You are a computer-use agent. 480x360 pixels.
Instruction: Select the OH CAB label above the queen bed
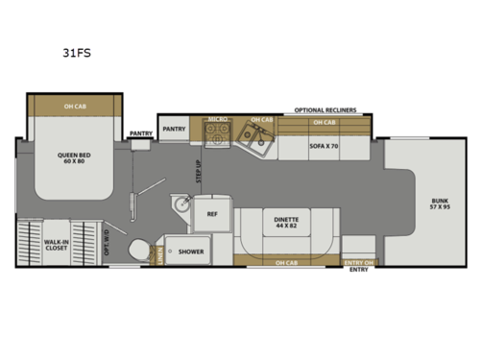(x=73, y=106)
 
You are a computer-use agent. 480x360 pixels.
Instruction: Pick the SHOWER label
(x=190, y=252)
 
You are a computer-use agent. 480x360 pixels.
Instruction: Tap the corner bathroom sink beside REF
(x=180, y=207)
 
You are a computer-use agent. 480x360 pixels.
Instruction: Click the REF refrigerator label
(x=213, y=216)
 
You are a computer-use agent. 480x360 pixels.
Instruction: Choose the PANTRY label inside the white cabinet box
(x=174, y=129)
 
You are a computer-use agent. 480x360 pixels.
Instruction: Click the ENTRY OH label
(x=359, y=260)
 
